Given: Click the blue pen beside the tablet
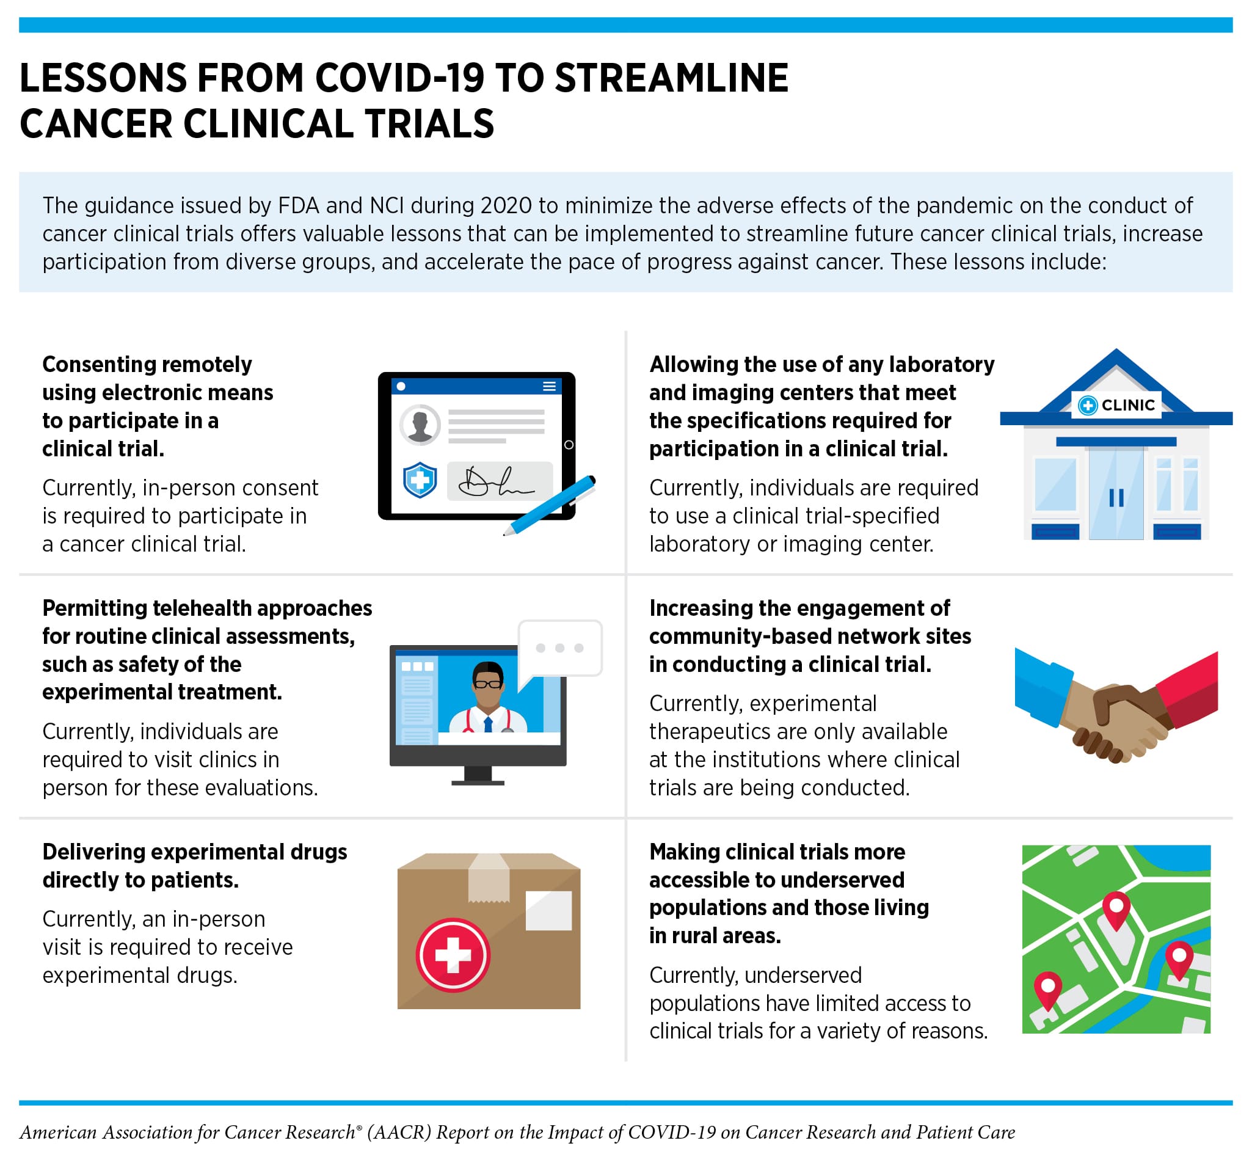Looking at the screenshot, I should tap(551, 505).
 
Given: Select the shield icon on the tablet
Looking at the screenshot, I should tap(420, 480).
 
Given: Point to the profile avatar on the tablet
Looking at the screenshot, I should tap(420, 425).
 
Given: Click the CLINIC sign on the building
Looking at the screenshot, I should tap(1117, 405).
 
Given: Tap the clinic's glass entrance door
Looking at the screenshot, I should tap(1116, 495).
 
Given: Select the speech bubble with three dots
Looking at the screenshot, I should tap(560, 649).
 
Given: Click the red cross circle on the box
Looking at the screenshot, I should tap(453, 955).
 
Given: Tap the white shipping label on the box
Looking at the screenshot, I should tap(548, 910).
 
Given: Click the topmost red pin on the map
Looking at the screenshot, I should tap(1116, 908).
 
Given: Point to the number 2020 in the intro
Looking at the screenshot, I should tap(506, 205).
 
